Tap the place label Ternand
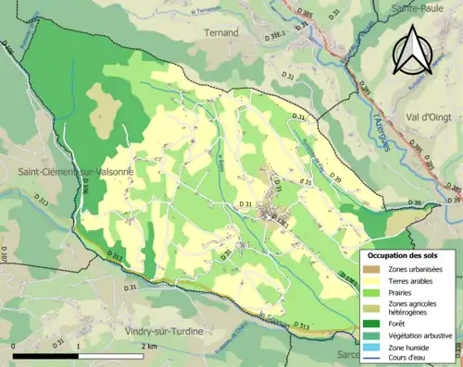(x=220, y=32)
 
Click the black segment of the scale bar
(x=46, y=355)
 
